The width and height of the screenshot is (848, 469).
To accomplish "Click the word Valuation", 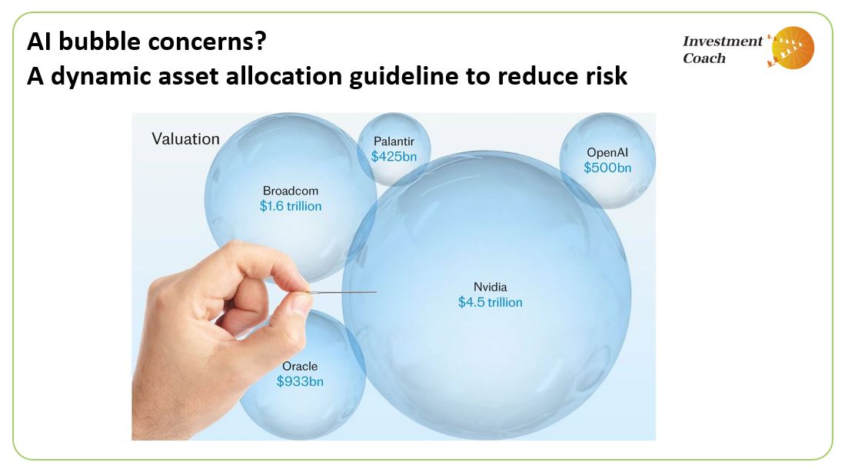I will [x=185, y=139].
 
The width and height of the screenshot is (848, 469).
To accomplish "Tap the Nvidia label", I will [x=490, y=288].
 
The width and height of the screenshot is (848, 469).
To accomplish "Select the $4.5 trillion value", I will [x=490, y=303].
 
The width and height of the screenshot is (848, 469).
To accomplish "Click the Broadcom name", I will [x=290, y=191].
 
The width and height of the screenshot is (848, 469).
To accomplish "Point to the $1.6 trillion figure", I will [x=290, y=206].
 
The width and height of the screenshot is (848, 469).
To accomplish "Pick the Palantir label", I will [x=394, y=141].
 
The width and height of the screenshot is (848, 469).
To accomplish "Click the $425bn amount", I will [x=394, y=156].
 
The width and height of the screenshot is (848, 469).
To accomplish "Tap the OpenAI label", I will [x=607, y=152].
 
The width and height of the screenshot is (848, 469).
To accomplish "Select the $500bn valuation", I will [x=607, y=168].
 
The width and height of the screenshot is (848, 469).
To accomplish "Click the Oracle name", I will [x=299, y=366].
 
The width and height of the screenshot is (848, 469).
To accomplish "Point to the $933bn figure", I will [x=300, y=381].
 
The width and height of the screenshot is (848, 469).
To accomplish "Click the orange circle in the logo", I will [x=793, y=48].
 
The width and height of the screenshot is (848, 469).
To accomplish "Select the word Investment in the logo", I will [x=722, y=42].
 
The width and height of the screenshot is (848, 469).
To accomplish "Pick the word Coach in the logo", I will [x=704, y=58].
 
